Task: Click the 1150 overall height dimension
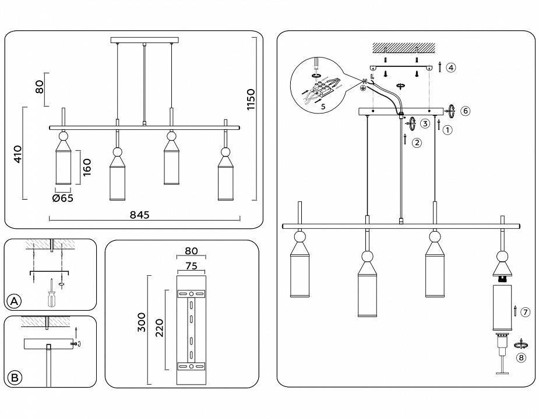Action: coord(251,100)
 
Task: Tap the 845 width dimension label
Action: coord(140,215)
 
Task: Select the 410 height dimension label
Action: coord(18,154)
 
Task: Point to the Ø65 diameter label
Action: coord(63,198)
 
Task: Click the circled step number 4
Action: coord(451,68)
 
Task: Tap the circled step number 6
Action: coord(464,111)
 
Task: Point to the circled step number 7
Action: coord(525,313)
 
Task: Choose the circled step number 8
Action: coord(521,358)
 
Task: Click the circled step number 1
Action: coord(448,130)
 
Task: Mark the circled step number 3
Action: coord(426,123)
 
